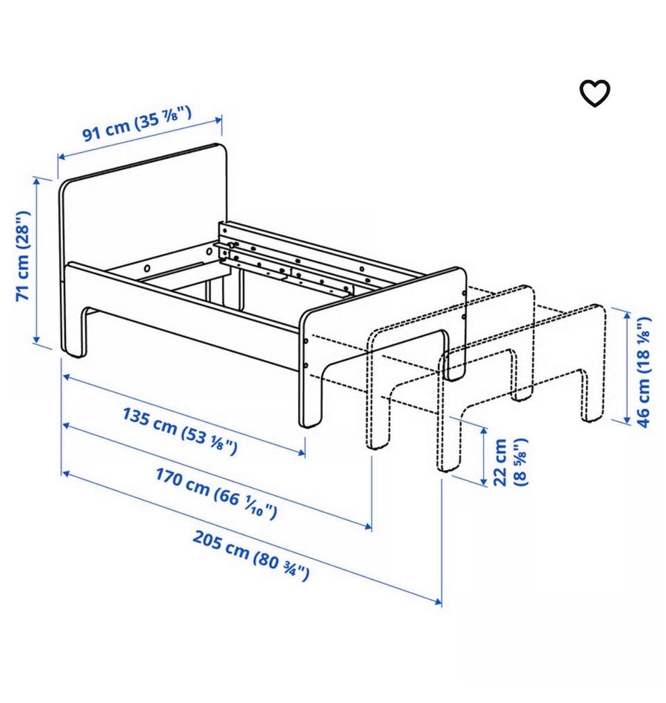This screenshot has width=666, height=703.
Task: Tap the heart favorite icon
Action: point(595,94)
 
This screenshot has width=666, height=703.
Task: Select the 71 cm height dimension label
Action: point(24,255)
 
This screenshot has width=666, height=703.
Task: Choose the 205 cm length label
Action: point(250,555)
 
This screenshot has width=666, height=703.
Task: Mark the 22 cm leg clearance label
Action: point(509,461)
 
